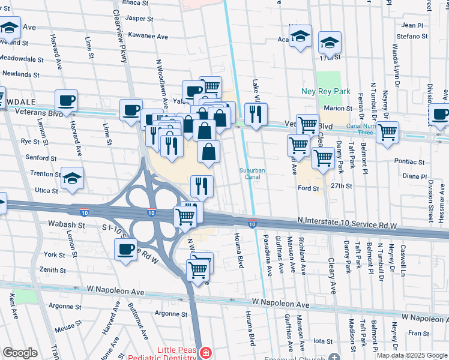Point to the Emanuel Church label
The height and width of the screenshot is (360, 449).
(294, 358)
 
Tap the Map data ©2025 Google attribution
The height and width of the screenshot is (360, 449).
(411, 355)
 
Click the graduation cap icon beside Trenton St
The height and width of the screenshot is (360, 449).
(72, 179)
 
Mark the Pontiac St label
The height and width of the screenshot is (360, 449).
(409, 161)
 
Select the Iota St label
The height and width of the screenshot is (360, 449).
(322, 341)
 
